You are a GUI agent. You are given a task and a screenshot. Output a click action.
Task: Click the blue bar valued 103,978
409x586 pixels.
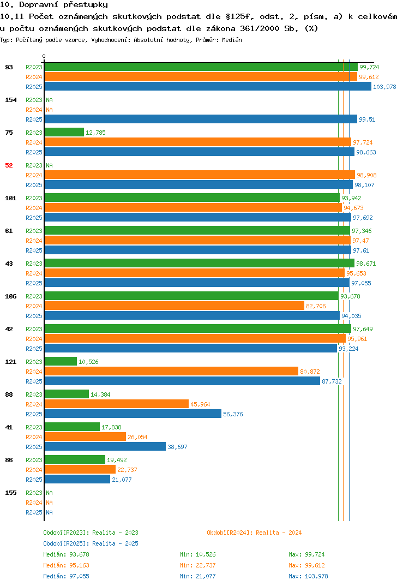point(208,86)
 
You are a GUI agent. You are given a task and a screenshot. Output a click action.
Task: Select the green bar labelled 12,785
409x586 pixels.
point(64,132)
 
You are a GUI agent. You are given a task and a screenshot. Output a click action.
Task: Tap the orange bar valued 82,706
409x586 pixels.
point(175,306)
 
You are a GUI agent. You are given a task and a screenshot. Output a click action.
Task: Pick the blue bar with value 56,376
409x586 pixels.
point(133,414)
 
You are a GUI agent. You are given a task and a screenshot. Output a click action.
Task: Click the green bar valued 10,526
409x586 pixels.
point(61,361)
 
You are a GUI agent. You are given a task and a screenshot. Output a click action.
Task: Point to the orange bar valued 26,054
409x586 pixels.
point(85,436)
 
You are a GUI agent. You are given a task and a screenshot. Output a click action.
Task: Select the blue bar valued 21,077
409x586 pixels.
point(77,479)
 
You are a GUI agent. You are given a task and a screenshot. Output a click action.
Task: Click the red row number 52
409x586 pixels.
point(9,165)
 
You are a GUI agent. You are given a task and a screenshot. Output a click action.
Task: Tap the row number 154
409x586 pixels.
point(11,100)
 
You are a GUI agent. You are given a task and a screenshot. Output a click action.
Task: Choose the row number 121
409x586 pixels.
point(11,361)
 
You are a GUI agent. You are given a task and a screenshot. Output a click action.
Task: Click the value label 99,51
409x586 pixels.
point(367,119)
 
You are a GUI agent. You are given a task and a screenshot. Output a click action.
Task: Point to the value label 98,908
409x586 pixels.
point(366,175)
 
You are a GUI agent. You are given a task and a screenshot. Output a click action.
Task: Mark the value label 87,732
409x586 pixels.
point(332,381)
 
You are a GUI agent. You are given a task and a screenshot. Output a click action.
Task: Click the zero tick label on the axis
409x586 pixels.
point(44,56)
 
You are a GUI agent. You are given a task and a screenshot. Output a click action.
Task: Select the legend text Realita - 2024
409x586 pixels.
point(279,533)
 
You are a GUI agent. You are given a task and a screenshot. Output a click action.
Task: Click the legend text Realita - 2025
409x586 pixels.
point(115,543)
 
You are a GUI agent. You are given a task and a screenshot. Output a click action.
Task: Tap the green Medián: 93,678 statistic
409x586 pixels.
point(66,554)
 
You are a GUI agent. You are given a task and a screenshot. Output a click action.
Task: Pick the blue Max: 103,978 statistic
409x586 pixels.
point(308,576)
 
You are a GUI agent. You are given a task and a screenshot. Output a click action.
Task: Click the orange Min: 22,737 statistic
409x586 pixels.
point(197,565)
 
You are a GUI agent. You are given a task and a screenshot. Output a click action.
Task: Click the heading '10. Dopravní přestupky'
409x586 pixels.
point(54,4)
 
